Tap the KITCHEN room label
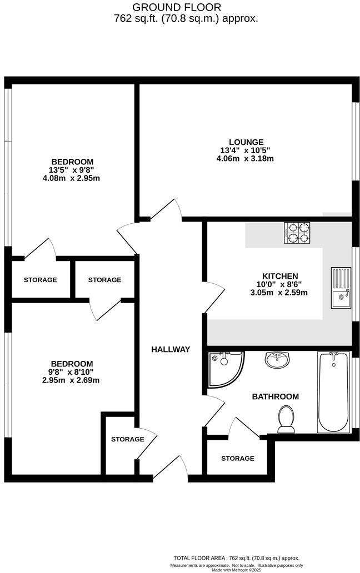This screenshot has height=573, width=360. click(x=280, y=276)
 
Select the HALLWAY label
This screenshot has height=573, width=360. click(x=171, y=349)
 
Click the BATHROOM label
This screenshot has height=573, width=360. click(x=275, y=396)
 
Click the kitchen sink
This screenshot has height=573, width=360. click(x=341, y=288)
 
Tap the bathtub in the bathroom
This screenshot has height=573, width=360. click(x=333, y=391)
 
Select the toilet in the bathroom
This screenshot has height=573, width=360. click(x=287, y=418)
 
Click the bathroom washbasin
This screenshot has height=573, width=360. click(x=276, y=360)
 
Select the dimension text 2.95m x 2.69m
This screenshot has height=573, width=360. click(x=70, y=380)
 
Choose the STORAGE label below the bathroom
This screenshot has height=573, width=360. click(x=237, y=458)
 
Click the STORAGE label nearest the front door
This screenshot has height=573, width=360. click(x=127, y=439)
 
